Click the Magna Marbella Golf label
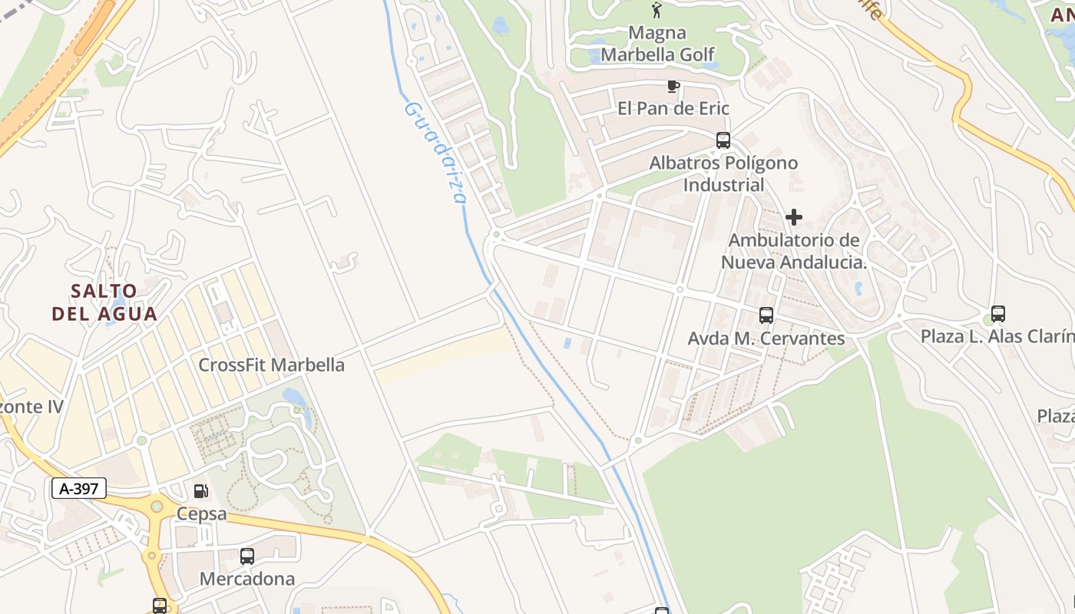657,44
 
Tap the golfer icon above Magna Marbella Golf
657,10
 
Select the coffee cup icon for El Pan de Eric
673,86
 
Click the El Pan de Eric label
673,108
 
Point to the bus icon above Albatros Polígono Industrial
723,140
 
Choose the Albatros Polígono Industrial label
723,173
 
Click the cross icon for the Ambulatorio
794,217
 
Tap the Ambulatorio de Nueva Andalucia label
794,251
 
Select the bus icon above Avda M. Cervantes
766,315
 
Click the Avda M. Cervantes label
766,338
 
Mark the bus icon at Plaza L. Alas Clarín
997,313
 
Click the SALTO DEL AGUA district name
104,302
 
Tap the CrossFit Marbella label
271,365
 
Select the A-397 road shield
79,488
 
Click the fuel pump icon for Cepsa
200,490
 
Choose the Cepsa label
201,513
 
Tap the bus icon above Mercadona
246,556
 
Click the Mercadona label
246,579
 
